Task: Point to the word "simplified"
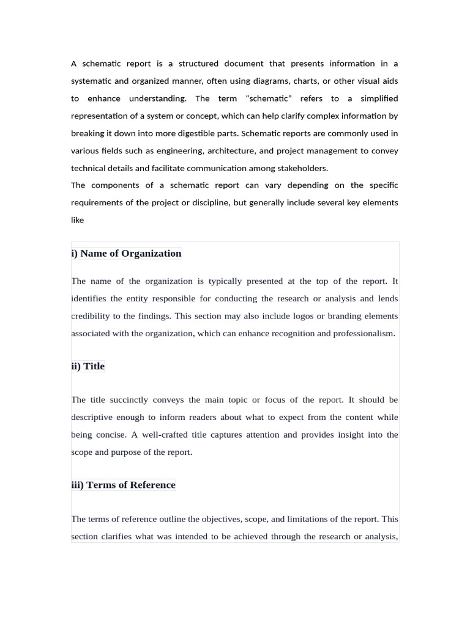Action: tap(379, 98)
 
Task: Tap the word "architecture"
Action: tap(232, 150)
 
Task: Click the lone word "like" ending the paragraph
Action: tap(77, 220)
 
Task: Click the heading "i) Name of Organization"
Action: tap(126, 254)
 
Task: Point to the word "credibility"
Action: tap(91, 316)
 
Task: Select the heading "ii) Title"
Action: tap(88, 366)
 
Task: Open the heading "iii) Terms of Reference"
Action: tap(123, 485)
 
